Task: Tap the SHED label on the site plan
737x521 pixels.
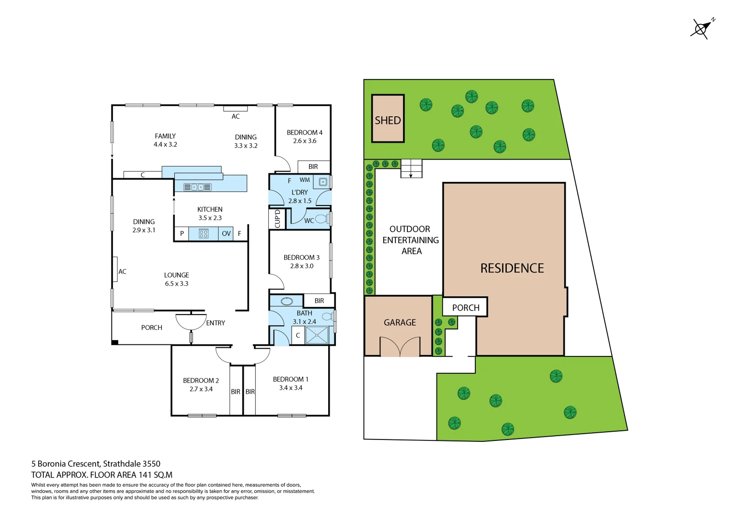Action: [x=388, y=120]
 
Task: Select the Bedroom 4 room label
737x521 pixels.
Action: [x=304, y=133]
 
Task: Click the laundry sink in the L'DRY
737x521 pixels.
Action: [x=323, y=182]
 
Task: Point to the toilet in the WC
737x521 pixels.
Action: [x=322, y=219]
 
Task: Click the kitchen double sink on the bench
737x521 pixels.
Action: [x=197, y=187]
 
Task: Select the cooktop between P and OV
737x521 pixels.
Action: [x=204, y=233]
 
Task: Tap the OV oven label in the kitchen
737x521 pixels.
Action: [x=226, y=233]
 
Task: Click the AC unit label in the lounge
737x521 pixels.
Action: [x=122, y=272]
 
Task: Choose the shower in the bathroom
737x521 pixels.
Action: [x=317, y=335]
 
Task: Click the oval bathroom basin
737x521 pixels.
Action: [x=287, y=302]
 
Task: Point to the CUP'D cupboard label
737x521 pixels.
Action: [x=277, y=219]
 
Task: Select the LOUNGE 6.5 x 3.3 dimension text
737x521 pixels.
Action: [x=177, y=284]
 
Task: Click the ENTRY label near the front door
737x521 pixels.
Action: [x=215, y=323]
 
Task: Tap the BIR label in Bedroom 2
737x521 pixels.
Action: [x=236, y=392]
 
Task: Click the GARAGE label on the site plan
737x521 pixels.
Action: [x=400, y=322]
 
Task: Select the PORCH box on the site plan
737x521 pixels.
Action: [x=465, y=307]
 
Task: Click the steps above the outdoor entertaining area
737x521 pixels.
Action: [x=411, y=168]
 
